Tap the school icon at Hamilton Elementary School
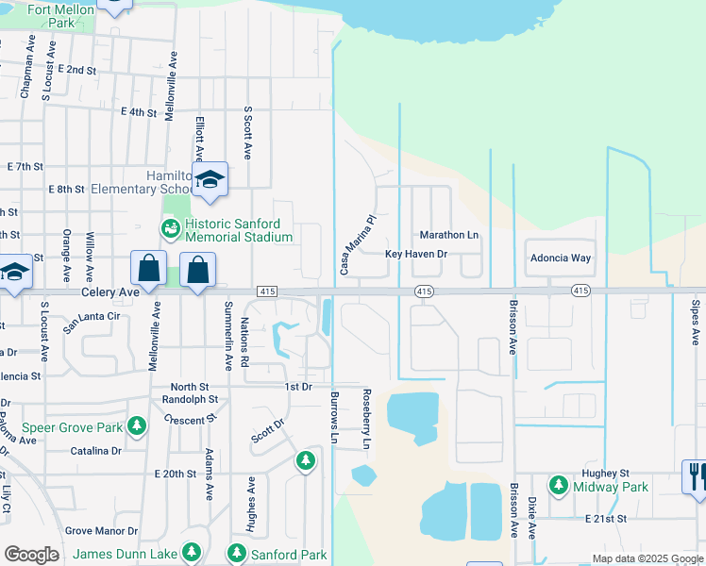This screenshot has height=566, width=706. tap(210, 180)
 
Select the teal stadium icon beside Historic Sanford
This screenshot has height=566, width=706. tap(171, 228)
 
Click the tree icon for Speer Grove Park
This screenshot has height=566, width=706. tap(138, 427)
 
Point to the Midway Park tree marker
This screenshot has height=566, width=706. tap(559, 486)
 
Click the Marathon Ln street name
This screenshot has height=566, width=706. tap(449, 235)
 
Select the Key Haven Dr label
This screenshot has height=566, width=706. tap(415, 255)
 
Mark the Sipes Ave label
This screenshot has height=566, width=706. tap(695, 322)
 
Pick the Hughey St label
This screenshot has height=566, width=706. tap(605, 474)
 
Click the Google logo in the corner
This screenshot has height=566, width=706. tap(31, 554)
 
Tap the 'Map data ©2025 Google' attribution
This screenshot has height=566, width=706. tap(647, 558)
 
